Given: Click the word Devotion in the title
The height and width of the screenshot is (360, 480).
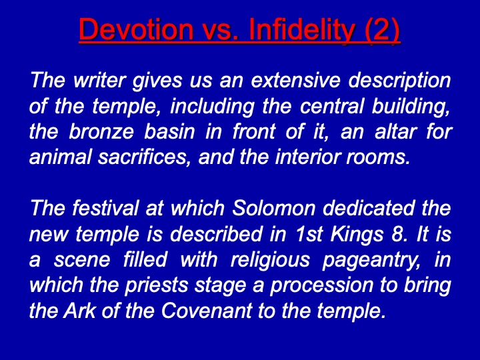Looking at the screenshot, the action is click(136, 29).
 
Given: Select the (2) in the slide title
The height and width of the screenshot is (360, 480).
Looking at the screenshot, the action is click(382, 31).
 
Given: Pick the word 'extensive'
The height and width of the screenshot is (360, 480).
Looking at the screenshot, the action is click(295, 80).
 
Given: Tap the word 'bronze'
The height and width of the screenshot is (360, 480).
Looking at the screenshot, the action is click(101, 131).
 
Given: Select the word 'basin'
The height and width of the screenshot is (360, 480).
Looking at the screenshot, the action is click(169, 131).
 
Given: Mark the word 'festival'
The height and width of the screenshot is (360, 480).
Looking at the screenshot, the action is click(105, 208).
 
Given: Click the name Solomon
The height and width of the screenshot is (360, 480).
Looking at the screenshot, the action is click(274, 208).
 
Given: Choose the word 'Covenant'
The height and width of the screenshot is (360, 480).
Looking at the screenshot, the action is click(207, 311).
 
